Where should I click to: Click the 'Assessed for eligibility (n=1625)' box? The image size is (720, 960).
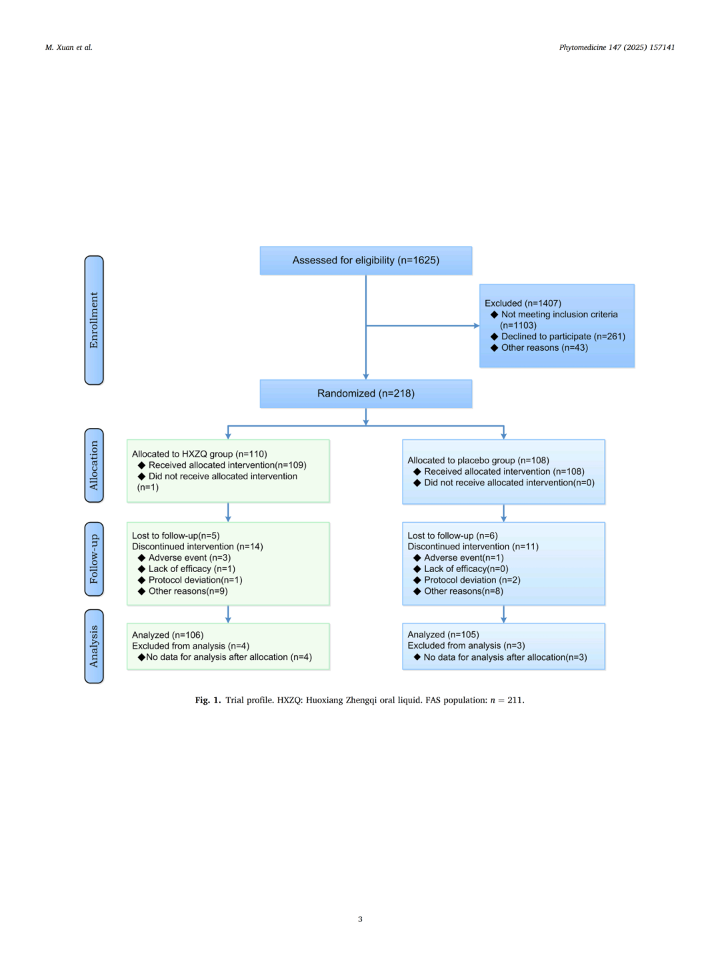(x=365, y=261)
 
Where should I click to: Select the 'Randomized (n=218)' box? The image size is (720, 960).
(x=365, y=393)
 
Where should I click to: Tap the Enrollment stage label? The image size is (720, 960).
(x=94, y=320)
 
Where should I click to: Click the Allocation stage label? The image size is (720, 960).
(x=94, y=465)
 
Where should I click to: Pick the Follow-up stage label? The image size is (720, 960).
(x=94, y=559)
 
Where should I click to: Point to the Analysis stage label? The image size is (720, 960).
(x=94, y=646)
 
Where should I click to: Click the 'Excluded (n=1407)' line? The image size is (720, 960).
(x=523, y=303)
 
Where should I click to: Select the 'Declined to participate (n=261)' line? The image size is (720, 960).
(x=563, y=337)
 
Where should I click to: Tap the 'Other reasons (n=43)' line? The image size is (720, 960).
(x=544, y=348)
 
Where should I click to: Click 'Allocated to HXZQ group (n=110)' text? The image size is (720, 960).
(x=199, y=454)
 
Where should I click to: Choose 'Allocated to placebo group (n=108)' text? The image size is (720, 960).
(x=478, y=461)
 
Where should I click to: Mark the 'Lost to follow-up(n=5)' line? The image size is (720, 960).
(x=175, y=536)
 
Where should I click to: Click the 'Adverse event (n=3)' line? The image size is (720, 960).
(x=189, y=558)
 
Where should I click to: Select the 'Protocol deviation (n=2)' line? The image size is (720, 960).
(x=472, y=580)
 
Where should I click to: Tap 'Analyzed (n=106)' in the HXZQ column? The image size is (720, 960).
(x=167, y=635)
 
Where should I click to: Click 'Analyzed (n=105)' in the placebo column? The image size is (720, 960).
(x=443, y=635)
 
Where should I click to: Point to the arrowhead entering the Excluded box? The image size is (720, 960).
(x=476, y=326)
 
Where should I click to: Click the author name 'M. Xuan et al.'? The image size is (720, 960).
(x=69, y=47)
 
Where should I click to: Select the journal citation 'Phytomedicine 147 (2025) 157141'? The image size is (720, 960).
(x=617, y=47)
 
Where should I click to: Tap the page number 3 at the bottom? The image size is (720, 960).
(x=360, y=919)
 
